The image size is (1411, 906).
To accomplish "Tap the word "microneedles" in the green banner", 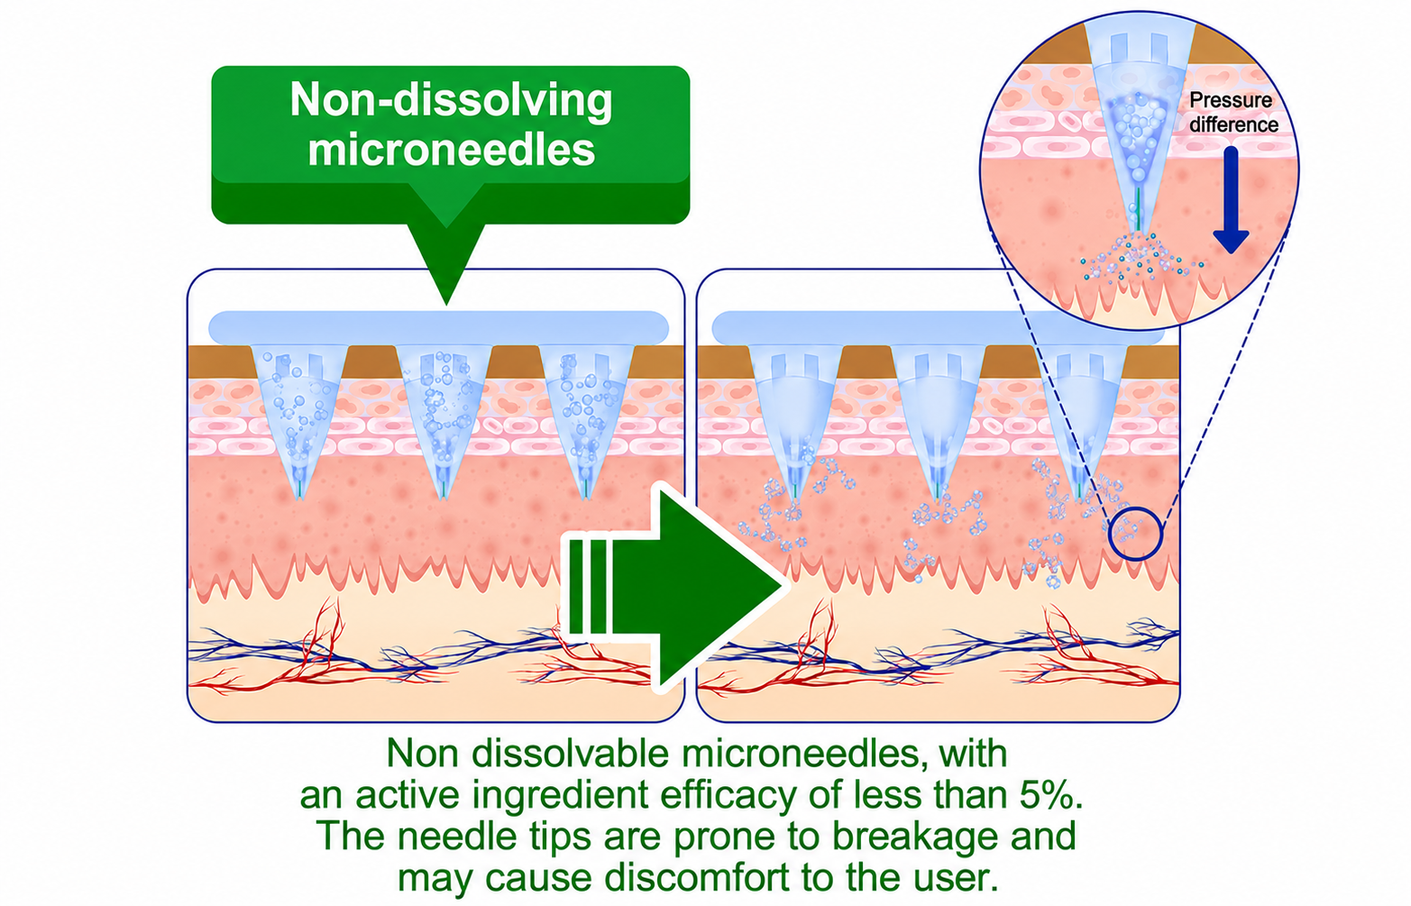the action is [451, 150].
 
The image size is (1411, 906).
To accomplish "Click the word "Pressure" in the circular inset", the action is [1231, 101].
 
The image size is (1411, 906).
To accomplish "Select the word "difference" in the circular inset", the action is [1234, 124].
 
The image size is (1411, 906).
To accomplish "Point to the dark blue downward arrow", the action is [1231, 200].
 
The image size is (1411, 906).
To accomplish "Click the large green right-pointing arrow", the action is [674, 587].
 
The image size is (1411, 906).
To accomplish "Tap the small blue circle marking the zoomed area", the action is [1136, 534].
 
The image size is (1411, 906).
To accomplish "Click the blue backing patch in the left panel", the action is [438, 327].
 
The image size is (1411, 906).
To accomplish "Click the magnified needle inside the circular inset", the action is [1139, 126].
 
